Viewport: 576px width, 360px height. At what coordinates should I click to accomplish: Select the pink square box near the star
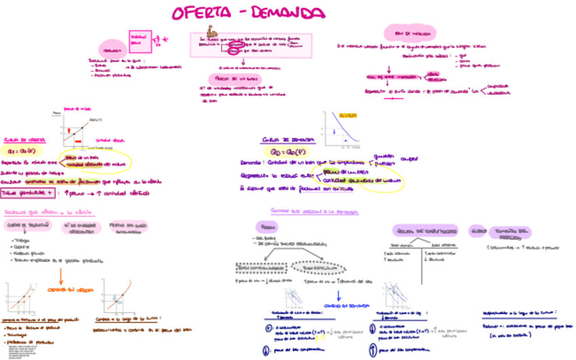(139, 39)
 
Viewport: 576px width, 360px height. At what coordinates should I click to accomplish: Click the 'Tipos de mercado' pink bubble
(404, 32)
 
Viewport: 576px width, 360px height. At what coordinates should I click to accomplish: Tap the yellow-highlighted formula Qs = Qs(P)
(23, 151)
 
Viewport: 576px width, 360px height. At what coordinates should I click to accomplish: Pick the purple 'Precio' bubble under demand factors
(266, 226)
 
